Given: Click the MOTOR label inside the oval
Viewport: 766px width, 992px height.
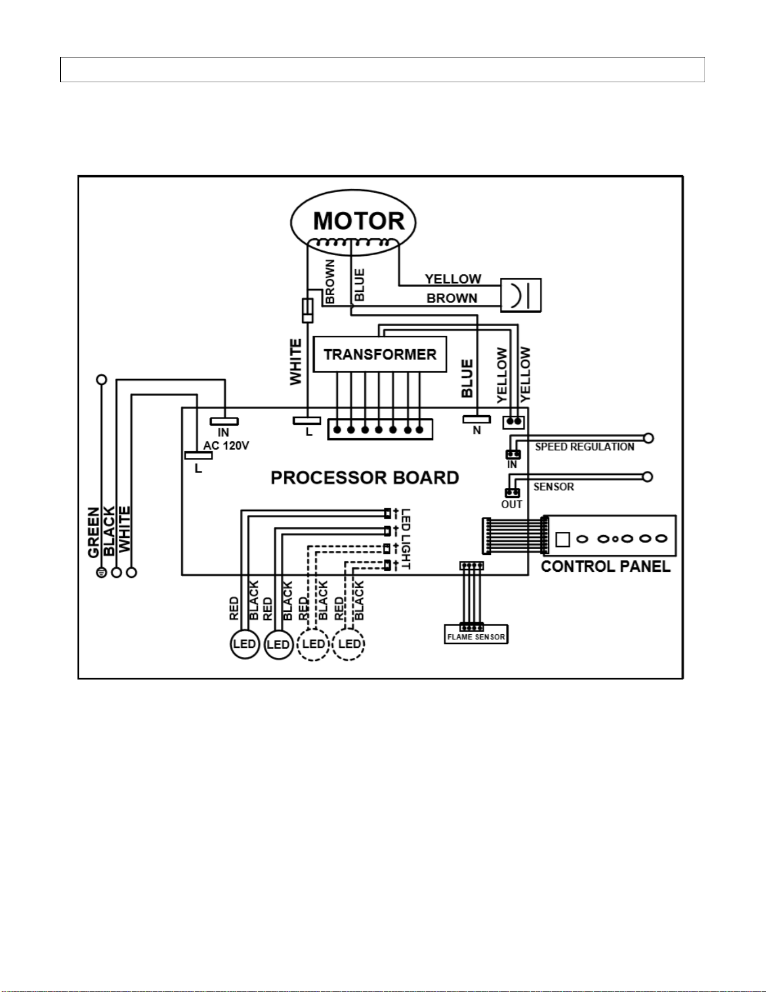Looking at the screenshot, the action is coord(359,221).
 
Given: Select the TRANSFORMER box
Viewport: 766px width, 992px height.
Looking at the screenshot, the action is coord(380,354).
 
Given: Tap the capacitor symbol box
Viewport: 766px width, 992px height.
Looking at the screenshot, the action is coord(521,295).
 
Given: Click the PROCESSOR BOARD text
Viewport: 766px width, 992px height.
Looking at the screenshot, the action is coord(365,478).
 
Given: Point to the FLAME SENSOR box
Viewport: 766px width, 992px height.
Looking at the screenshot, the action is coord(476,634).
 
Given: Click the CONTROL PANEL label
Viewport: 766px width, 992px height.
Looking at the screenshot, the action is coord(606,567).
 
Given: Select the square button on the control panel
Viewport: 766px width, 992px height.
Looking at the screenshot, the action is coord(562,539).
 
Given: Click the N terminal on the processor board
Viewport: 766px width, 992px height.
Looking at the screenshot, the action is coord(477,420).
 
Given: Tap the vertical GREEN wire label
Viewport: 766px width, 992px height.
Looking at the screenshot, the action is coord(93,532).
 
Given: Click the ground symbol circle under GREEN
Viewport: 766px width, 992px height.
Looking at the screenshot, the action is coord(101,572).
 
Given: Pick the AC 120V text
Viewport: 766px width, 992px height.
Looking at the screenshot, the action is coord(226,446).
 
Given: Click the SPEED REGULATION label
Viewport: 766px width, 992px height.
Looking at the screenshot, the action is coord(585,447).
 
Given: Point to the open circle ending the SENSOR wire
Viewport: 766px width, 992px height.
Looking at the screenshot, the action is coord(648,477).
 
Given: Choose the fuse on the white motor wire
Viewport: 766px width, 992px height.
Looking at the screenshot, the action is coord(307,310).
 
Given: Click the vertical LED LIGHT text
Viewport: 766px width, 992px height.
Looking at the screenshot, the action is coord(406,539).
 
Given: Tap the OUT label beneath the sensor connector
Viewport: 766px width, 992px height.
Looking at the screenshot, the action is coord(512,504).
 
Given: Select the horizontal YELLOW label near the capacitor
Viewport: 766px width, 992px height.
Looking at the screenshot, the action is coord(453,279).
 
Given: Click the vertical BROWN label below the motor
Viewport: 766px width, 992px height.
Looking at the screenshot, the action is coord(330,281).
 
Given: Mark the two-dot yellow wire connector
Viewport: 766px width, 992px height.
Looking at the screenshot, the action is coord(513,421).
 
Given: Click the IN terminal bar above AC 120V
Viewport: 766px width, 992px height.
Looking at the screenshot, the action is coord(224,421).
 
